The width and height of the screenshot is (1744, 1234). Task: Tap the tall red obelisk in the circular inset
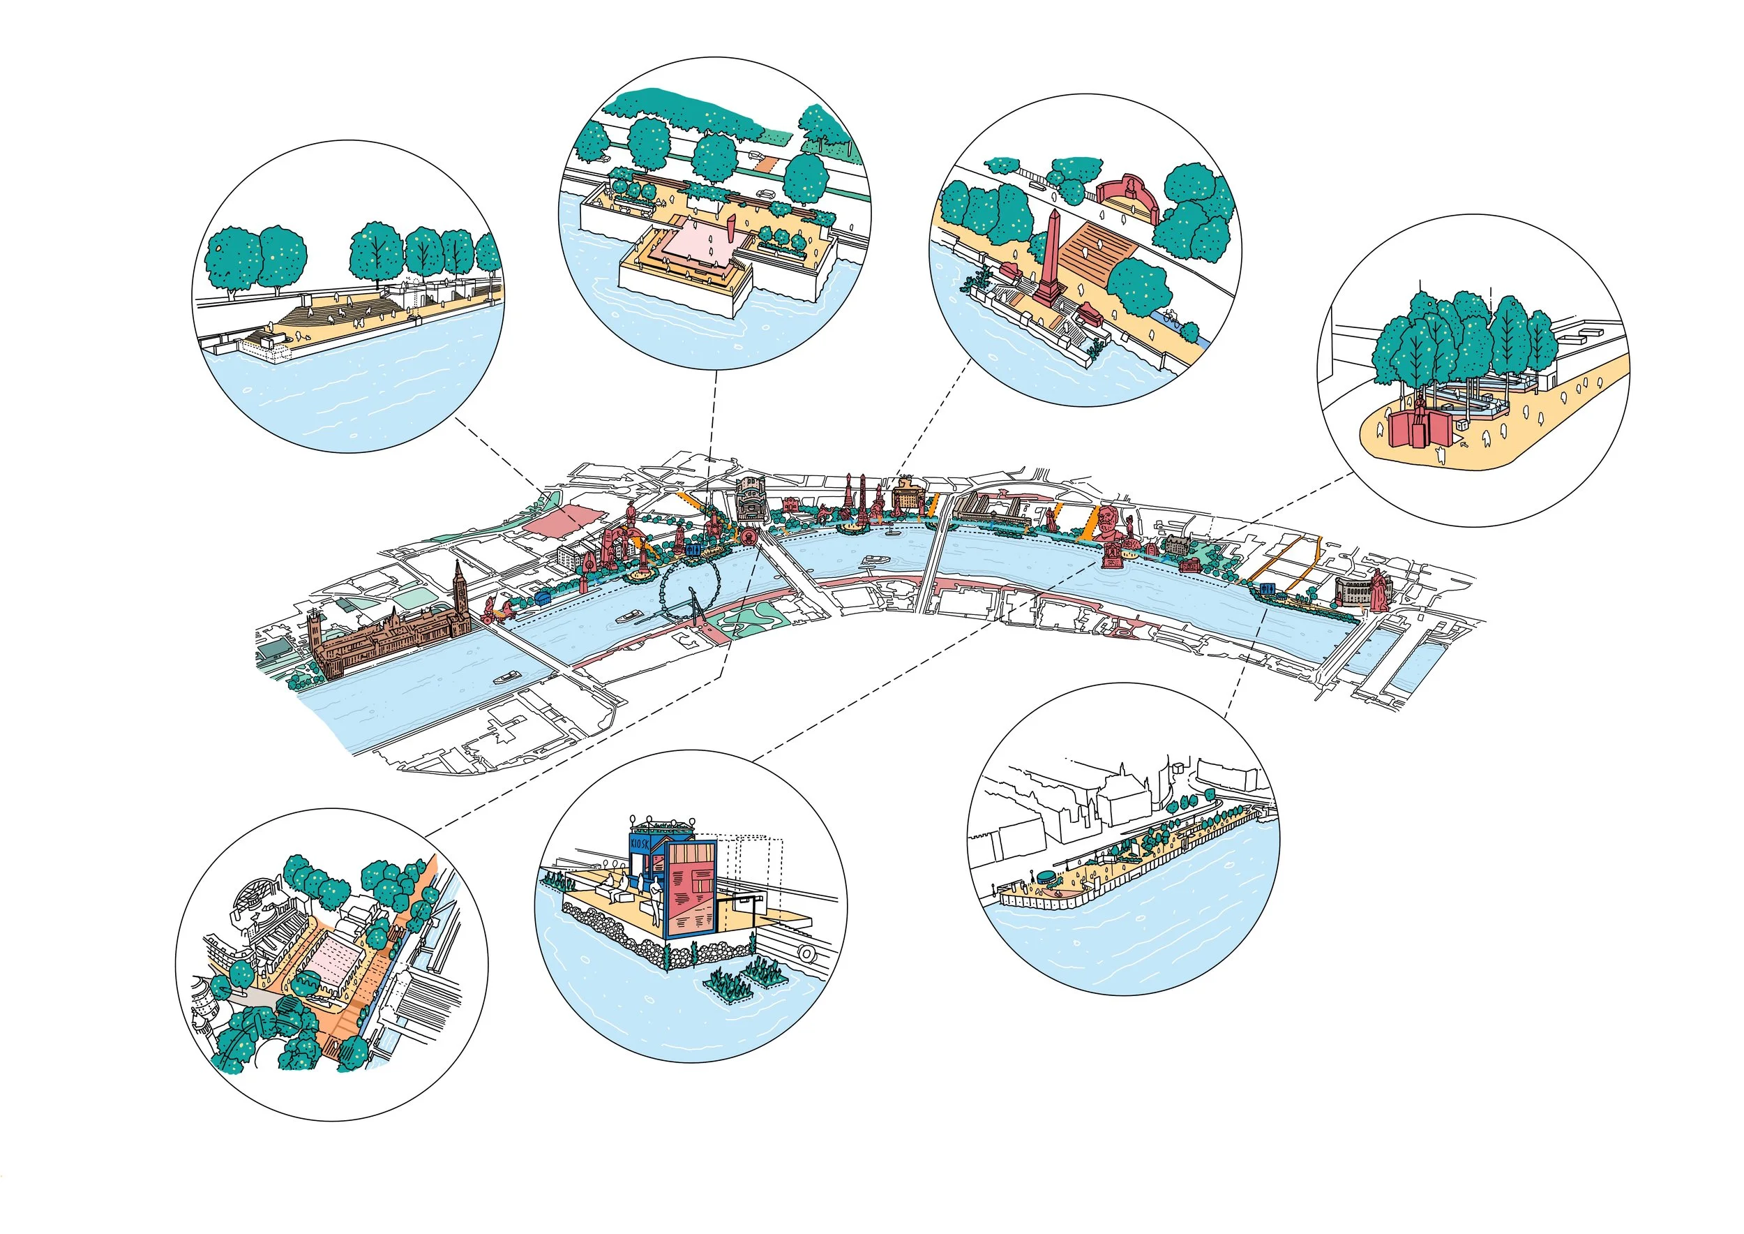(1051, 259)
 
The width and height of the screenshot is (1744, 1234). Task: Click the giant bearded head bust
(1108, 523)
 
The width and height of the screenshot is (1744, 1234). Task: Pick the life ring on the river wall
(806, 953)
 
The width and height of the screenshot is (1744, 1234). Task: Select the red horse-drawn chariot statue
(493, 607)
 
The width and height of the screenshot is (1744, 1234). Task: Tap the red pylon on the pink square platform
(730, 228)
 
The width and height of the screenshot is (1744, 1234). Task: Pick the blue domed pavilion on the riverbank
(542, 597)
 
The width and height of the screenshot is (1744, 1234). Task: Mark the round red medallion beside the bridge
(750, 537)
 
